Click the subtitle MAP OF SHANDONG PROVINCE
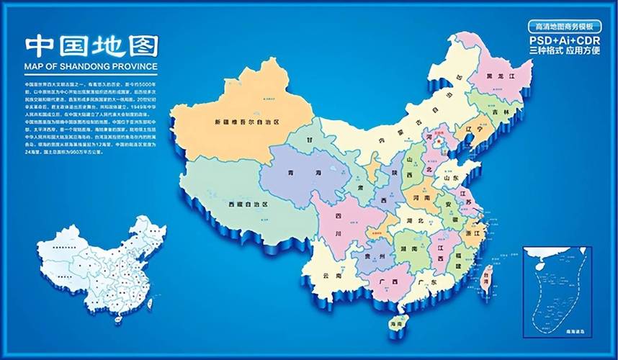click(91, 67)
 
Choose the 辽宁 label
click(473, 130)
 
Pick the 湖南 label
click(409, 249)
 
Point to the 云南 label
click(332, 276)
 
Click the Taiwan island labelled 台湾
click(486, 275)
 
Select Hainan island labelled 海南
click(396, 325)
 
